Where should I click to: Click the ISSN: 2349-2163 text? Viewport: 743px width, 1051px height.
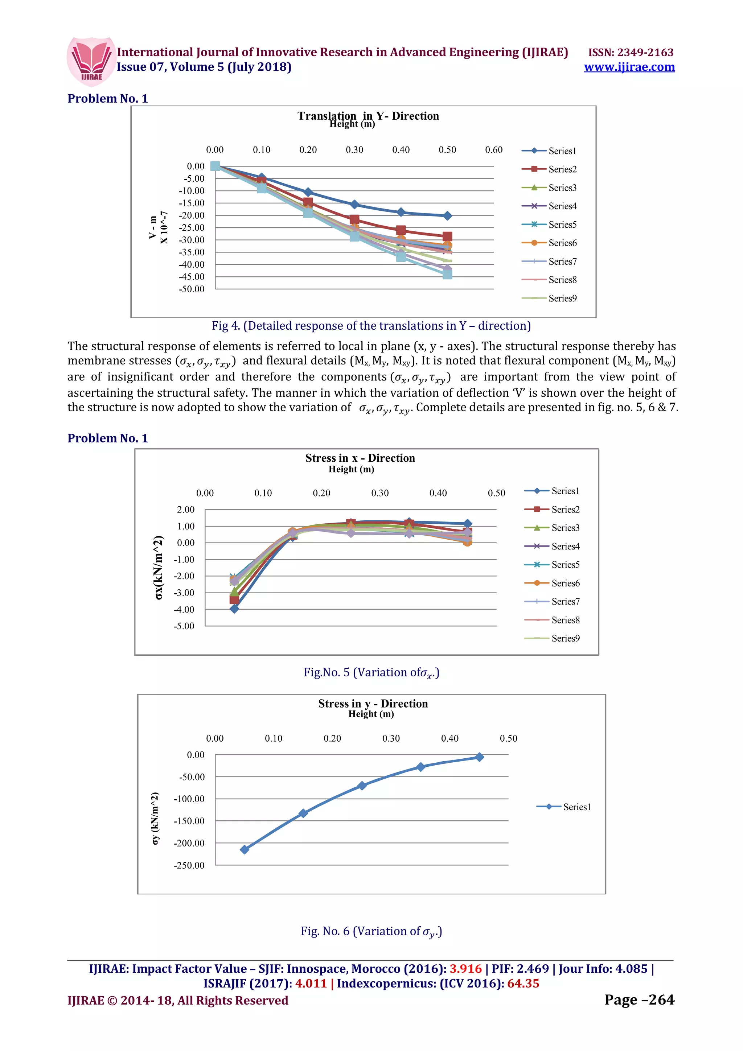click(631, 52)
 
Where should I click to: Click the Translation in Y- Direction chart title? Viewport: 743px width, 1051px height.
click(368, 115)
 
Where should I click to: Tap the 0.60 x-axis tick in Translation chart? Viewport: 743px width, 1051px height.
click(493, 150)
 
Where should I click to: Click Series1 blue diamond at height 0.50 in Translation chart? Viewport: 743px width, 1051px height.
click(447, 215)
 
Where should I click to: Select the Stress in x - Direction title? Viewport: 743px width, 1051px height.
click(360, 458)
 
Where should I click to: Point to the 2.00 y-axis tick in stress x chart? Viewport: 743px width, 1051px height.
click(185, 510)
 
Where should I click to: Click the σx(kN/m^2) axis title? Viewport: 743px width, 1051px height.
click(159, 567)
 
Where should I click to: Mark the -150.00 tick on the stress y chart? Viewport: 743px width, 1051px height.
click(189, 821)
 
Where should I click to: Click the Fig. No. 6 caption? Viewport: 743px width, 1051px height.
click(371, 931)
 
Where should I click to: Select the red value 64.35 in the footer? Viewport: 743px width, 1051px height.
click(523, 984)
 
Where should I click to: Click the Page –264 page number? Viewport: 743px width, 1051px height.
click(639, 1000)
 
